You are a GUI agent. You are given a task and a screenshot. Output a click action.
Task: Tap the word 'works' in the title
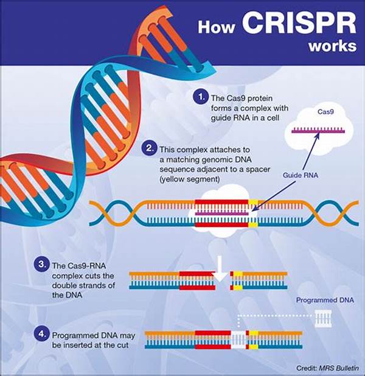[x=332, y=46]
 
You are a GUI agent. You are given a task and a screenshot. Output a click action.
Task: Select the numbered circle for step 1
[x=200, y=97]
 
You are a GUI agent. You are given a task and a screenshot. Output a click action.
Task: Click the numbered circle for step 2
[x=149, y=148]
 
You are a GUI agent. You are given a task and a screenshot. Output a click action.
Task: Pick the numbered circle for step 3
[x=42, y=264]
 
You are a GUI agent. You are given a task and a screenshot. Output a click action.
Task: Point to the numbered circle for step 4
[x=42, y=333]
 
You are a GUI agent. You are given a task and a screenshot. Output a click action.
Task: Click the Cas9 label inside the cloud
[x=325, y=112]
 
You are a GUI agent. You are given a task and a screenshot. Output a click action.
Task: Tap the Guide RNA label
[x=301, y=175]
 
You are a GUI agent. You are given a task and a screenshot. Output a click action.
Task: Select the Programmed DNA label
[x=325, y=300]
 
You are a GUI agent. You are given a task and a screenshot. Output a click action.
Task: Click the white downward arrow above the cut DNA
[x=220, y=269]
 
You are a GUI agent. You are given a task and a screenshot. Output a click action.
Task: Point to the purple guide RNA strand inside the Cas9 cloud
[x=318, y=131]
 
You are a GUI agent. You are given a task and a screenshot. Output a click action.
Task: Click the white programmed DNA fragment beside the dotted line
[x=323, y=318]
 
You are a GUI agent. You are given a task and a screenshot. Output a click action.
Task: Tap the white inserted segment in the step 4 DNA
[x=238, y=340]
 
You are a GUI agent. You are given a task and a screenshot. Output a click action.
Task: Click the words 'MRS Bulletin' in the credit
[x=339, y=368]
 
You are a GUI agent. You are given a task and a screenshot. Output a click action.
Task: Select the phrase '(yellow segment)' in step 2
[x=190, y=179]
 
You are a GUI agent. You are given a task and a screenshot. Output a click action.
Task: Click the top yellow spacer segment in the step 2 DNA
[x=253, y=203]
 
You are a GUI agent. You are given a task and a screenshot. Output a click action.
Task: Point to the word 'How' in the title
[x=216, y=27]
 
